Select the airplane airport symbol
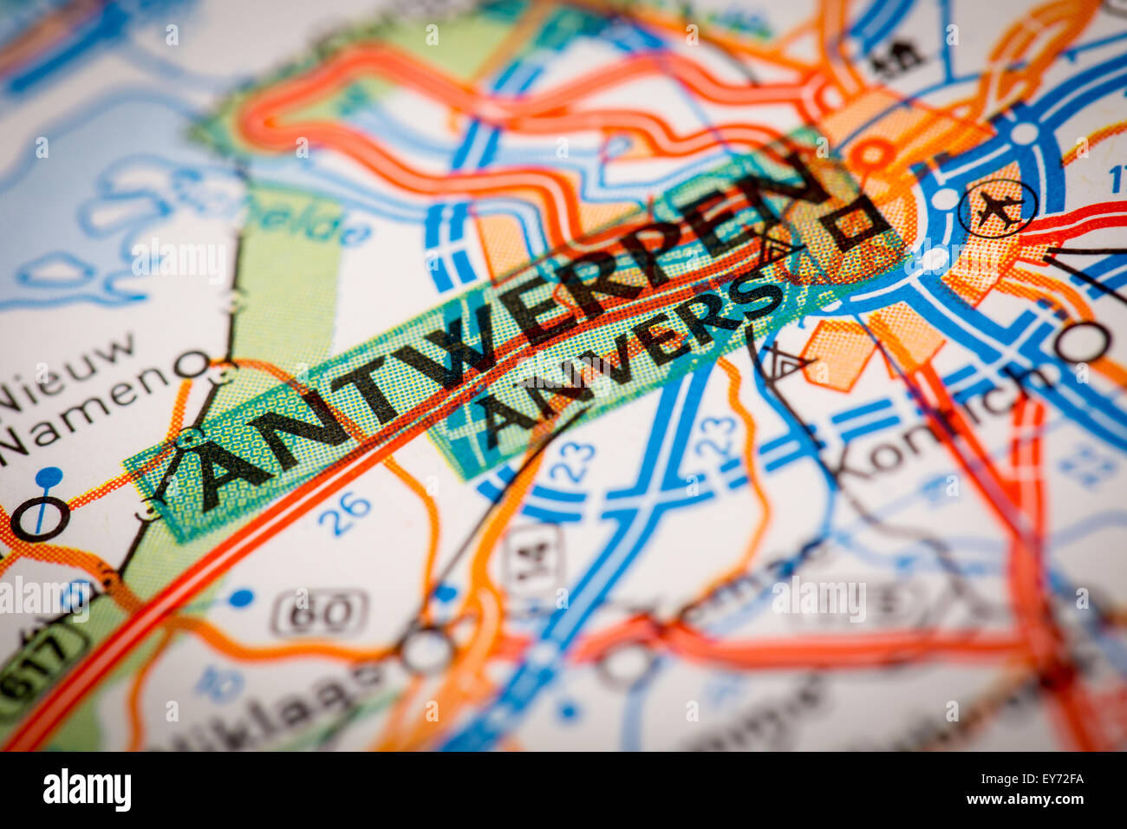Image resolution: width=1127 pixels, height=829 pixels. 997,208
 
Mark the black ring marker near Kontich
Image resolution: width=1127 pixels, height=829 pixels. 1082,343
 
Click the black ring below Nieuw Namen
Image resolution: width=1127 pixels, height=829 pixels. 38,518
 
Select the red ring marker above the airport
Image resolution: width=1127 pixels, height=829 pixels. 872,156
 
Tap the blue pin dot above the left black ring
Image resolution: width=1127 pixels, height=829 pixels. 49,475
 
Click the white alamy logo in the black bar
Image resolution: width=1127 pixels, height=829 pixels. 87,790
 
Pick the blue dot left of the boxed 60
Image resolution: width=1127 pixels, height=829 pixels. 241,597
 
